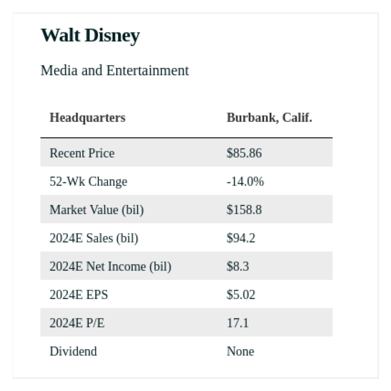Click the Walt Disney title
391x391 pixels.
tap(90, 35)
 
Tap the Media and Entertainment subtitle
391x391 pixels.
tap(114, 70)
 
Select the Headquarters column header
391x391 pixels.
tap(87, 118)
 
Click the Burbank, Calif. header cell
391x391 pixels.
tap(269, 118)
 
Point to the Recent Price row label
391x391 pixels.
tap(82, 153)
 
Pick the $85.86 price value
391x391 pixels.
tap(244, 153)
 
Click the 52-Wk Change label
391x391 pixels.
tap(88, 181)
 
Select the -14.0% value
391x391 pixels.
tap(245, 181)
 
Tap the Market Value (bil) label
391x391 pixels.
tap(96, 210)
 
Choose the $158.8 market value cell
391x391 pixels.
tap(244, 210)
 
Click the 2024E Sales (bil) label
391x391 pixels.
tap(94, 238)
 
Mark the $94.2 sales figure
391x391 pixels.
tap(241, 238)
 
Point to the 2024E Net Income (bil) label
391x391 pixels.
tap(110, 266)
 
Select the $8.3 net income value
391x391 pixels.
tap(237, 266)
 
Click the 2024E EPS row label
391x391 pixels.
tap(78, 295)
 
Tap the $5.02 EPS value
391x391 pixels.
tap(241, 295)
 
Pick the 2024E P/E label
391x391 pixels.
tap(77, 323)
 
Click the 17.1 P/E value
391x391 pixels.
tap(237, 323)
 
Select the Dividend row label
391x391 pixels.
tap(73, 351)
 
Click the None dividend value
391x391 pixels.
tap(240, 351)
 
